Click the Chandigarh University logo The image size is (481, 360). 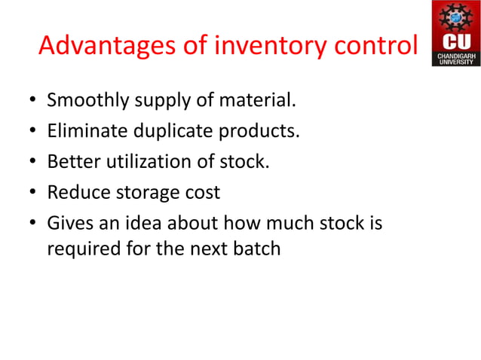455,33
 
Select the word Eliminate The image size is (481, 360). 81,132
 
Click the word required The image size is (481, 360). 79,249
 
